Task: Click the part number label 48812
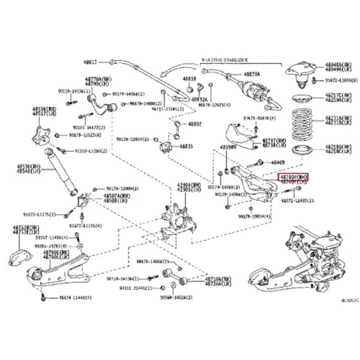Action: (90, 62)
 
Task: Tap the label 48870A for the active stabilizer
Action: (252, 74)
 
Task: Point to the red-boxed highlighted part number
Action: (293, 178)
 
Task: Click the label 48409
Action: (278, 162)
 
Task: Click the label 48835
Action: (187, 146)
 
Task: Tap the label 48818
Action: (190, 79)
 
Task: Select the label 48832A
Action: (200, 100)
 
